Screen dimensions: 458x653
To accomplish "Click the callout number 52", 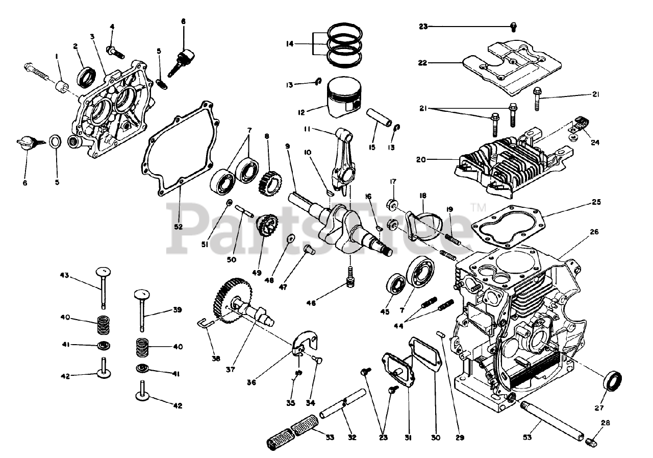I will pyautogui.click(x=178, y=227).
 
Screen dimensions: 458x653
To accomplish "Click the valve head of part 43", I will pyautogui.click(x=104, y=271).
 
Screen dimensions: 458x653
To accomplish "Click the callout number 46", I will pyautogui.click(x=311, y=303).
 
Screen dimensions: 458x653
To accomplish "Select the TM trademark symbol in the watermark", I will pyautogui.click(x=478, y=207).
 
